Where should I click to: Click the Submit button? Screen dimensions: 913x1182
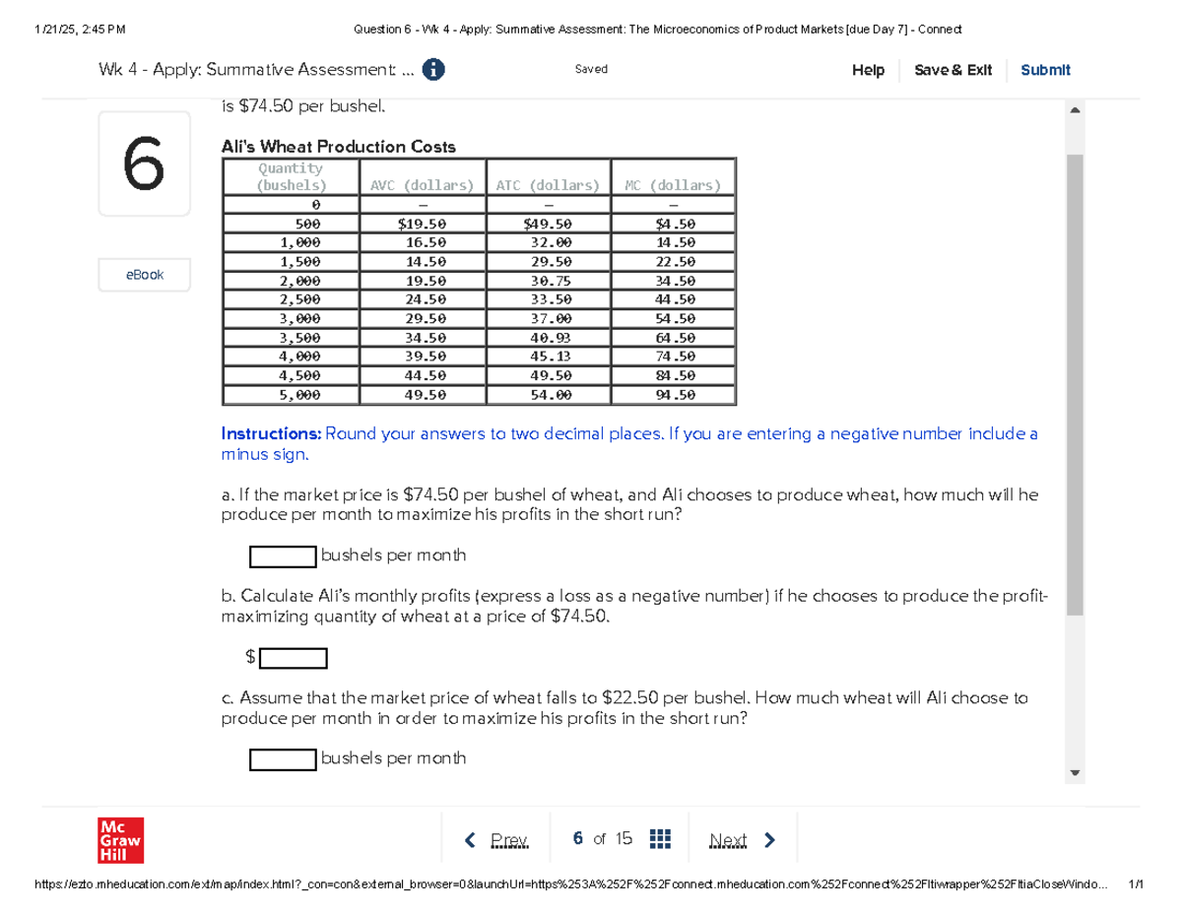point(1045,70)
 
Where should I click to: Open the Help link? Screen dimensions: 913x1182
point(868,70)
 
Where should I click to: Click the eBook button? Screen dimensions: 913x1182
point(144,275)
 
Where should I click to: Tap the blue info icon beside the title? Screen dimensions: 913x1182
point(431,70)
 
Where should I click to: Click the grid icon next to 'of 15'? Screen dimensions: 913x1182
point(660,839)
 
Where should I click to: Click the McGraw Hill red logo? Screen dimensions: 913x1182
point(120,840)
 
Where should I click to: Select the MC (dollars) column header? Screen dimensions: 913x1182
point(673,184)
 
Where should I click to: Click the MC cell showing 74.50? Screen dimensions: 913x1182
point(673,357)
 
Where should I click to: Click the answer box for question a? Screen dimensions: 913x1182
point(283,556)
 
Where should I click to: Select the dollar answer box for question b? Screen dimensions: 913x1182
point(293,657)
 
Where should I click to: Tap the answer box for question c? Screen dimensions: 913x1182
point(283,759)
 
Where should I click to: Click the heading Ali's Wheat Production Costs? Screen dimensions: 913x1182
point(339,147)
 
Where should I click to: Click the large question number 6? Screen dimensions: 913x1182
point(144,163)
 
